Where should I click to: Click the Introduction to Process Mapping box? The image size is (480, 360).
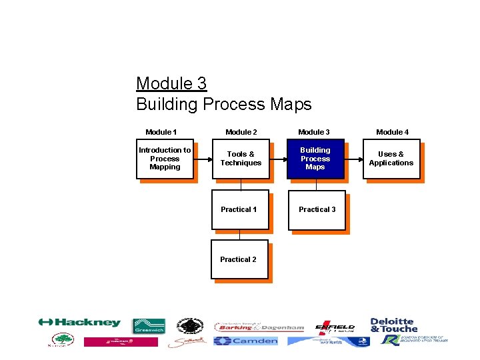point(165,159)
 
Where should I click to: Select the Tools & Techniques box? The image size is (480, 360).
point(241,159)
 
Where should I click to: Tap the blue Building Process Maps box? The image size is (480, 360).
point(315,159)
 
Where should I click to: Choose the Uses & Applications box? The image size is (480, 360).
point(391,159)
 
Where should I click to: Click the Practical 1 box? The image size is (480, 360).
point(239,210)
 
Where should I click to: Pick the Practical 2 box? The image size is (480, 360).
point(239,259)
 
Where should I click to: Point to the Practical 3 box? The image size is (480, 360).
point(317,210)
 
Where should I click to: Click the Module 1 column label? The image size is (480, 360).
point(161,132)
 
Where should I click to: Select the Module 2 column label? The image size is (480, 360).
point(241,132)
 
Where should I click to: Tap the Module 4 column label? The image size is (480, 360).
point(393,132)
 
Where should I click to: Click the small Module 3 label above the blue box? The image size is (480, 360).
point(314,132)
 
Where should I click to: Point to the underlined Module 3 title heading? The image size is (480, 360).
point(171,83)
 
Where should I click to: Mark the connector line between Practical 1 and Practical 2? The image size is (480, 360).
point(240,235)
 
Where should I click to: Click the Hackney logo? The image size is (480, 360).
point(79,323)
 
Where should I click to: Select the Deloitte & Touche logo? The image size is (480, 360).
point(393,325)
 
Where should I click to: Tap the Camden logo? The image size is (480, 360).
point(245,341)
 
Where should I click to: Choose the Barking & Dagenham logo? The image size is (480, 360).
point(259,327)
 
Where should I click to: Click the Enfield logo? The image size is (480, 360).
point(335,327)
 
